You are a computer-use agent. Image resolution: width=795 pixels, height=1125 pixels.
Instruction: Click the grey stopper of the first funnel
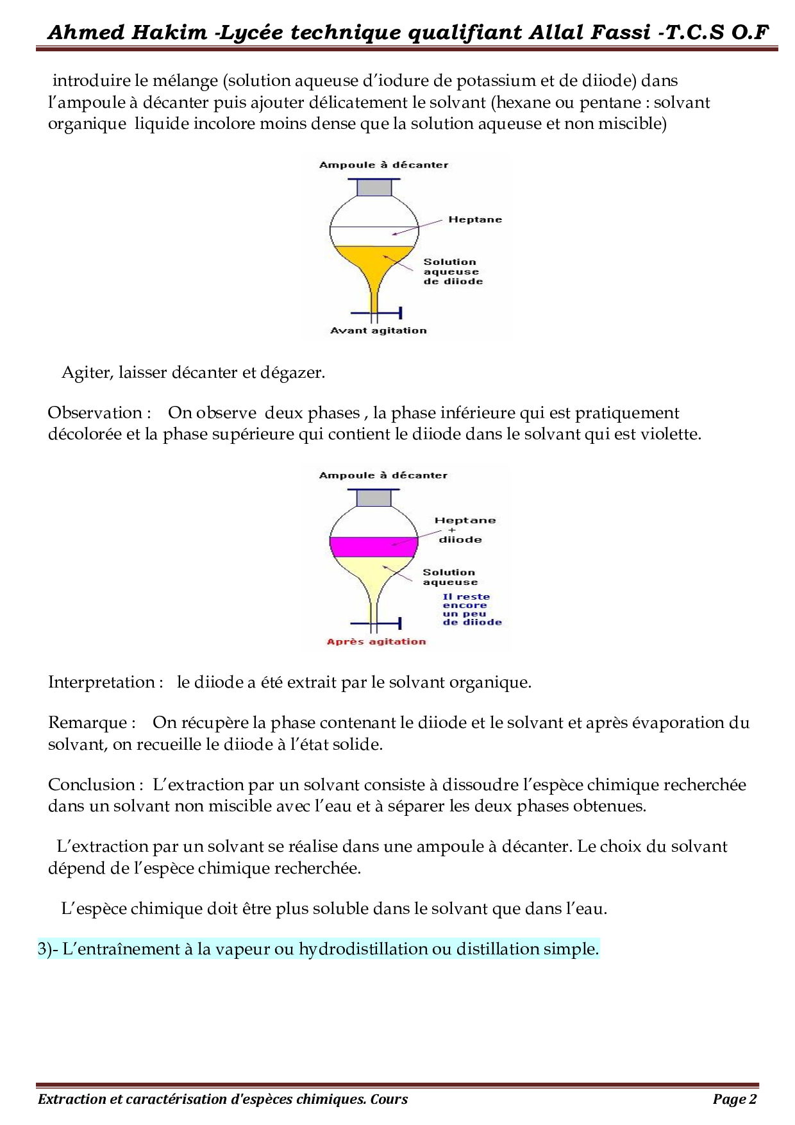(374, 187)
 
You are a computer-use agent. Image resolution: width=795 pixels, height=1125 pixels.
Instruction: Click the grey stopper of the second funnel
(374, 498)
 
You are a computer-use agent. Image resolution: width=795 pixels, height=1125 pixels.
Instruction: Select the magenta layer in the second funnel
(373, 546)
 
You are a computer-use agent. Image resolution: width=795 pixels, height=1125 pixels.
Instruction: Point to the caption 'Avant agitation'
(378, 330)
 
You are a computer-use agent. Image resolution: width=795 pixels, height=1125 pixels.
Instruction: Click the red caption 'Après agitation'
(376, 641)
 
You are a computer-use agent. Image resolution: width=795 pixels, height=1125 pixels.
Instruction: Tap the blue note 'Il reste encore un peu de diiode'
(472, 609)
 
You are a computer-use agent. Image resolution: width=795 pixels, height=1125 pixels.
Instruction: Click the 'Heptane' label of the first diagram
(475, 219)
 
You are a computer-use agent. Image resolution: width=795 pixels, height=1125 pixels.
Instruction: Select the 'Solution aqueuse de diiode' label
(453, 271)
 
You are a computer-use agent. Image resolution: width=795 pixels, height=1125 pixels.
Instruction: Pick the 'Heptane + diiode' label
(465, 530)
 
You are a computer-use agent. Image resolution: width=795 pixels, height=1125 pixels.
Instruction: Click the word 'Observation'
(95, 413)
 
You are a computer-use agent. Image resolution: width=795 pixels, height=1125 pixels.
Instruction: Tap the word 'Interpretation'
(101, 682)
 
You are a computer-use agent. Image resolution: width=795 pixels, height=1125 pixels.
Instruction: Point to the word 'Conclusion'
(91, 785)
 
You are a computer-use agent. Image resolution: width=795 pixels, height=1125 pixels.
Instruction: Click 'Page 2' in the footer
(735, 1099)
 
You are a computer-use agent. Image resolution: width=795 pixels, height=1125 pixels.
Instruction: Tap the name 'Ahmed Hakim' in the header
(127, 32)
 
